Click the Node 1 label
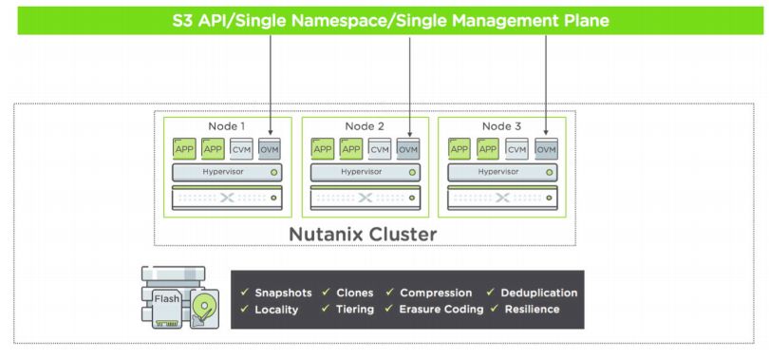click(x=227, y=126)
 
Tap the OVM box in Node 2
click(x=408, y=148)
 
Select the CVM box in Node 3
click(x=517, y=148)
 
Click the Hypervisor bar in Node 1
click(x=227, y=172)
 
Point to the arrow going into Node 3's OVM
click(x=546, y=85)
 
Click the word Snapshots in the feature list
click(x=283, y=293)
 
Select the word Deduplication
click(x=539, y=293)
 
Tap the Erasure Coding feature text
click(x=441, y=309)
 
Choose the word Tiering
click(x=354, y=309)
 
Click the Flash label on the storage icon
click(x=167, y=298)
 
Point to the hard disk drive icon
click(x=204, y=308)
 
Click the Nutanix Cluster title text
click(x=363, y=234)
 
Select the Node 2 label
click(x=365, y=126)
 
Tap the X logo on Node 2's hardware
click(x=365, y=198)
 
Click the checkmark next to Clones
click(x=326, y=293)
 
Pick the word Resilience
click(x=532, y=309)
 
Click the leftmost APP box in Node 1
click(x=184, y=148)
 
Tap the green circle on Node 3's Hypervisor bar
click(x=550, y=173)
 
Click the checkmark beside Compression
click(x=389, y=293)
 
